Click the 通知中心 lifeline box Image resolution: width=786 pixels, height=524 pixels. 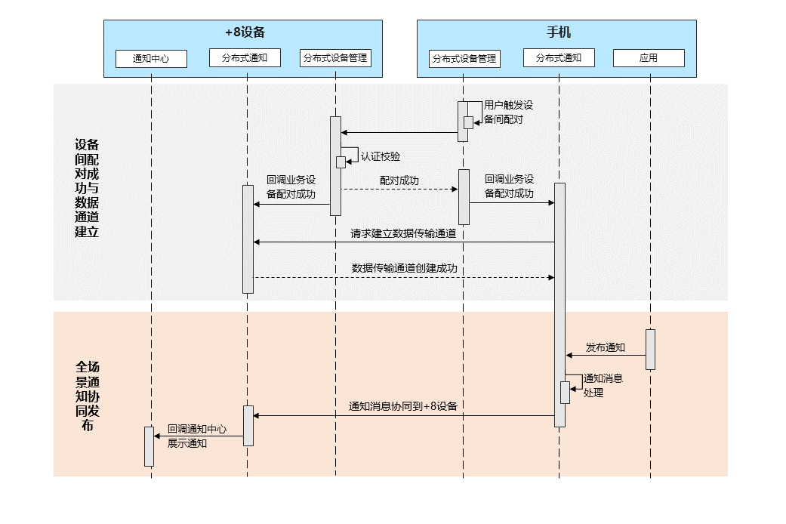tap(151, 58)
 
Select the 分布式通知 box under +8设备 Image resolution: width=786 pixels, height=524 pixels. tap(245, 57)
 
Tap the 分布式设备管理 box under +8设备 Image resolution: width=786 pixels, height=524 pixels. tap(335, 57)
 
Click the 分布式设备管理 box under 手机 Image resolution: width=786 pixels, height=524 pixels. tap(464, 58)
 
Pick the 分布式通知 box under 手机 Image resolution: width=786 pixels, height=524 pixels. tap(559, 57)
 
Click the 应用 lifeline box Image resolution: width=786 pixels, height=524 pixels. tap(649, 57)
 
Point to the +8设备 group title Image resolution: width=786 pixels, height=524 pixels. tap(245, 32)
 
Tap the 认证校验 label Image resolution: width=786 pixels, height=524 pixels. tap(381, 156)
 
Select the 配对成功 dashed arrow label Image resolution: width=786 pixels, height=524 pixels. tap(399, 181)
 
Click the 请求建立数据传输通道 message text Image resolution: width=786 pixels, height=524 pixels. tap(403, 233)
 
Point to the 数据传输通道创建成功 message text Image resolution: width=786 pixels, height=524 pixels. tap(405, 268)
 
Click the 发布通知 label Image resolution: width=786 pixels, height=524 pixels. tap(606, 347)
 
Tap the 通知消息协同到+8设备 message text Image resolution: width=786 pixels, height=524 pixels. tap(403, 406)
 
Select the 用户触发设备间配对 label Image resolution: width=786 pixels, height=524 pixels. tap(509, 113)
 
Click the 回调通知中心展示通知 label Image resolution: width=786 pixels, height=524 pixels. tap(196, 436)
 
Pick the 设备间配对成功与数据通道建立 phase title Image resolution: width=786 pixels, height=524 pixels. tap(87, 188)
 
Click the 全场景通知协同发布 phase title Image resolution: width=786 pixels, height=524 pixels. tap(87, 396)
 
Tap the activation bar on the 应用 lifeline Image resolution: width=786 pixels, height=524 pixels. tap(650, 349)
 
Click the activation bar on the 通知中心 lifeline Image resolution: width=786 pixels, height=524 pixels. tap(149, 446)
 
